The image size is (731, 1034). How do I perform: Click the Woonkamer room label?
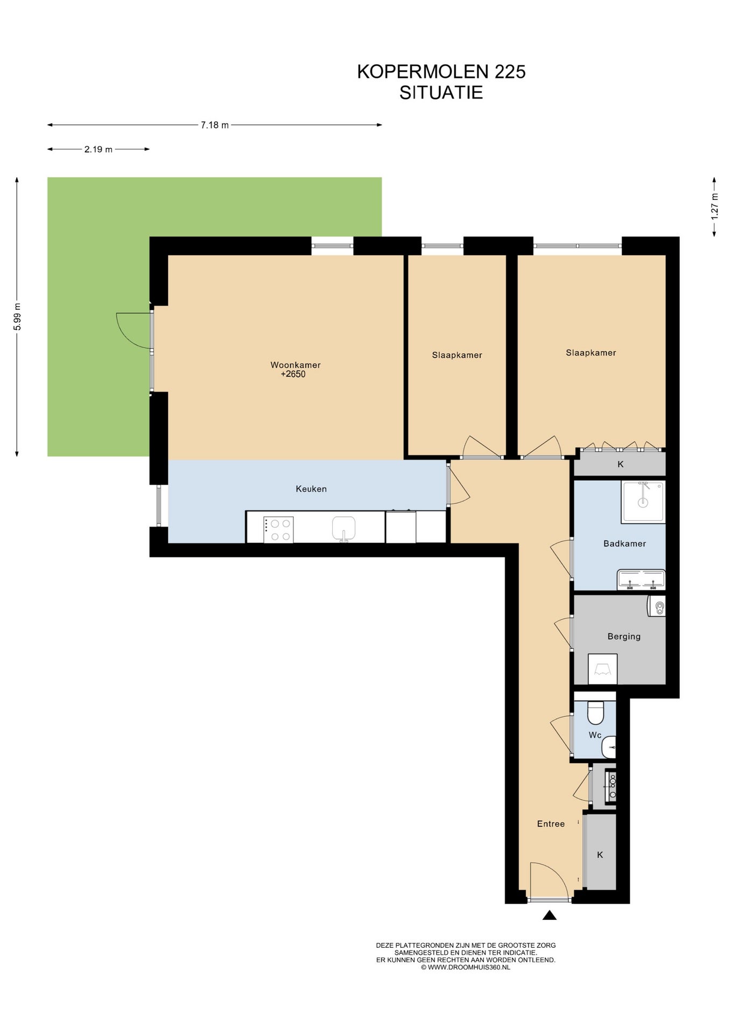coord(296,365)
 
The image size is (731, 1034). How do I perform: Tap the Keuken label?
coord(311,488)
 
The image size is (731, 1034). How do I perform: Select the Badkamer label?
coord(624,543)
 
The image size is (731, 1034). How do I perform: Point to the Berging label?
coord(624,636)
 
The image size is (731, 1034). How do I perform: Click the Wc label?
coord(595,735)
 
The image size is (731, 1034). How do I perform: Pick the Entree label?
coord(551,823)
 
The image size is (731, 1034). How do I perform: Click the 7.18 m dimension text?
coord(215,125)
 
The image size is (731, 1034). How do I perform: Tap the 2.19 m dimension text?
coord(98,149)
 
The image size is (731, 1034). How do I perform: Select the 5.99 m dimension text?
coord(17,317)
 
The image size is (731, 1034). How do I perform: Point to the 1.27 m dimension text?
coord(715,206)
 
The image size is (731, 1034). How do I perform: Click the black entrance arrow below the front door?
coord(549,914)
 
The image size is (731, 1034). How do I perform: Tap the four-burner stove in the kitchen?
coord(278,529)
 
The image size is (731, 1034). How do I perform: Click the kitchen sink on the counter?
coord(343,528)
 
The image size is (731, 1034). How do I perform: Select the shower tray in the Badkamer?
coord(643,501)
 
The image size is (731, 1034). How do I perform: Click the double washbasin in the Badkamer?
coord(641,579)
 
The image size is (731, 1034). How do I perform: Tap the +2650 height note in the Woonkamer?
coord(293,374)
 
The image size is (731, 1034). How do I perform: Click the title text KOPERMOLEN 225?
coord(441,72)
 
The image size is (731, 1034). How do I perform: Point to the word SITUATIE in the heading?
coord(441,93)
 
